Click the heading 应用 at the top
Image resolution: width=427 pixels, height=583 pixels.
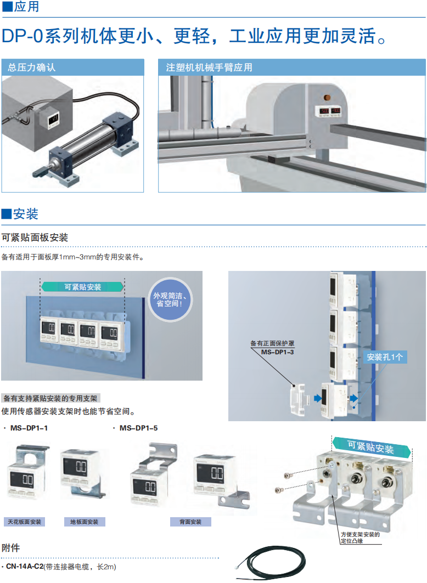(x=25, y=8)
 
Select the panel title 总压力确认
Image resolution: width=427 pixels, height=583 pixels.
(x=31, y=68)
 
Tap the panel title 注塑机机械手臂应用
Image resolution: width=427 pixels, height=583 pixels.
(x=209, y=68)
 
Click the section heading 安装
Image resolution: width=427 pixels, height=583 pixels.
(x=25, y=214)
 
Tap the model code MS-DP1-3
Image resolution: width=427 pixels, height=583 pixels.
(x=277, y=353)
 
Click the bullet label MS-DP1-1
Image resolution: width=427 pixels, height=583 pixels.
(x=30, y=428)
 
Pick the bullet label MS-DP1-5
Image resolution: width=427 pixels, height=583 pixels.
(x=138, y=428)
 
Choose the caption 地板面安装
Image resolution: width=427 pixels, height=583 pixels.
(x=85, y=522)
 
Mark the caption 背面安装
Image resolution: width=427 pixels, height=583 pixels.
(x=190, y=522)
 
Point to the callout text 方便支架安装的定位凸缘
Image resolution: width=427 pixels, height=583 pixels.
(x=359, y=537)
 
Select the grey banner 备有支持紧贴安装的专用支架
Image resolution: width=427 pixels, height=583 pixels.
(x=50, y=399)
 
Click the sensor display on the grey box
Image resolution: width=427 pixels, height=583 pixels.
(x=53, y=119)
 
